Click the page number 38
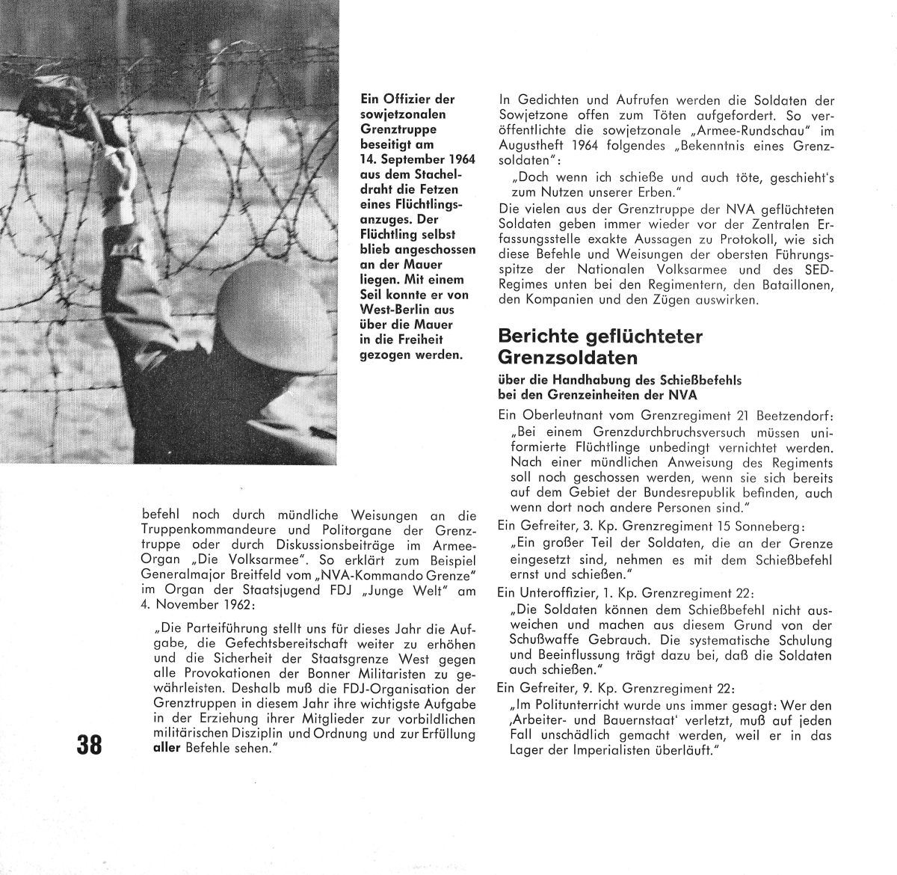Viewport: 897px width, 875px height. pyautogui.click(x=91, y=745)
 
